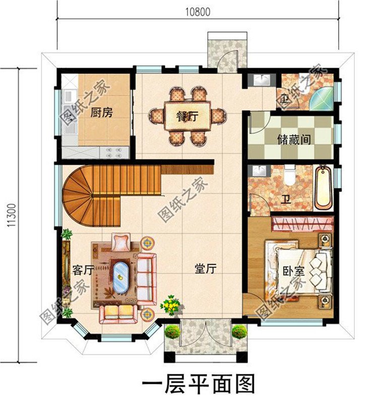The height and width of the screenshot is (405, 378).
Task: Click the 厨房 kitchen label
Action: pos(101,113)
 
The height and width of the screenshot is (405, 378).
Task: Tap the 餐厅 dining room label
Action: pos(186,116)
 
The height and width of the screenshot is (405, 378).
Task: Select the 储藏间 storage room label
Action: pos(293,139)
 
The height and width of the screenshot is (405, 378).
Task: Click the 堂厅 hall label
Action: pos(206,268)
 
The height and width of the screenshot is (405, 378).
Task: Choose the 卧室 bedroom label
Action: pos(293,271)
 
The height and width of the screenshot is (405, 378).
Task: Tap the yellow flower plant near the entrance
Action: pos(171,305)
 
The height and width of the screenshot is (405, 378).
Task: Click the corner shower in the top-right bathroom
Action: pos(321,99)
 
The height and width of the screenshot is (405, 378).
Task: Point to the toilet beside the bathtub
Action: pos(289,175)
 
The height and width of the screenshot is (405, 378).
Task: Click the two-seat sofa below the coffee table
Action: pos(117,313)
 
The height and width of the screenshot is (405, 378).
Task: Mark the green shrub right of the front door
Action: pos(239,331)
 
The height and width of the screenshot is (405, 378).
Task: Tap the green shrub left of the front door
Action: pos(172,331)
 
